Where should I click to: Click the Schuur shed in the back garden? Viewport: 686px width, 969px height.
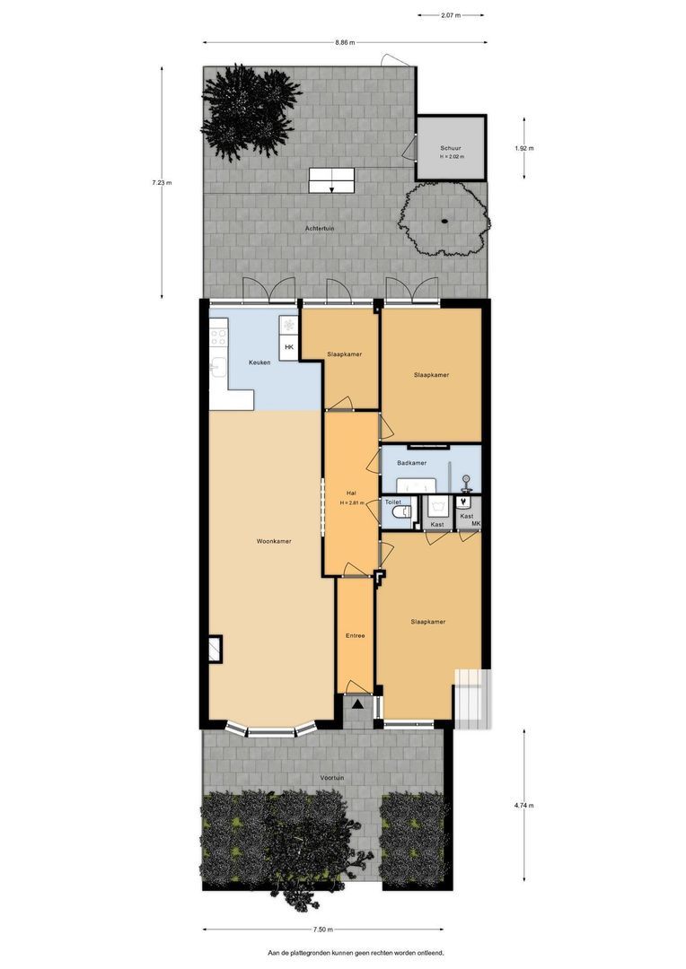point(451,149)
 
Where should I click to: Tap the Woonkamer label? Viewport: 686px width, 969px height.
point(274,541)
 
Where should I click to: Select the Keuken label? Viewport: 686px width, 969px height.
point(260,362)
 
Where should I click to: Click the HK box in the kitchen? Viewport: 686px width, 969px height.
point(288,347)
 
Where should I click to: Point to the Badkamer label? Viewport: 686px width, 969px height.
point(411,463)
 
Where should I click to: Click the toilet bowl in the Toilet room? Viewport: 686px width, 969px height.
point(405,512)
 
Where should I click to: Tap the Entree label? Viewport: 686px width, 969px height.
point(355,636)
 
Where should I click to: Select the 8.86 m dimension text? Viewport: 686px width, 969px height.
point(345,42)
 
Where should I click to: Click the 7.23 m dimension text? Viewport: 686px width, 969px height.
point(162,183)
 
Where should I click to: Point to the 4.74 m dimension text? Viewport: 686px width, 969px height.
point(524,806)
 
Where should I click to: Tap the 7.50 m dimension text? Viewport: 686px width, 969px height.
point(323,930)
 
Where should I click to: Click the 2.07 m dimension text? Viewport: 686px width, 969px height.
point(451,15)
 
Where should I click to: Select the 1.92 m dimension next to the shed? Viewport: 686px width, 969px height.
point(524,148)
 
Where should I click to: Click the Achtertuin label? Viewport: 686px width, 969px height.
point(320,228)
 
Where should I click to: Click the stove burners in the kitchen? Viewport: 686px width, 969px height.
point(218,337)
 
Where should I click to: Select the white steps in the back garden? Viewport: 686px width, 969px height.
point(331,179)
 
